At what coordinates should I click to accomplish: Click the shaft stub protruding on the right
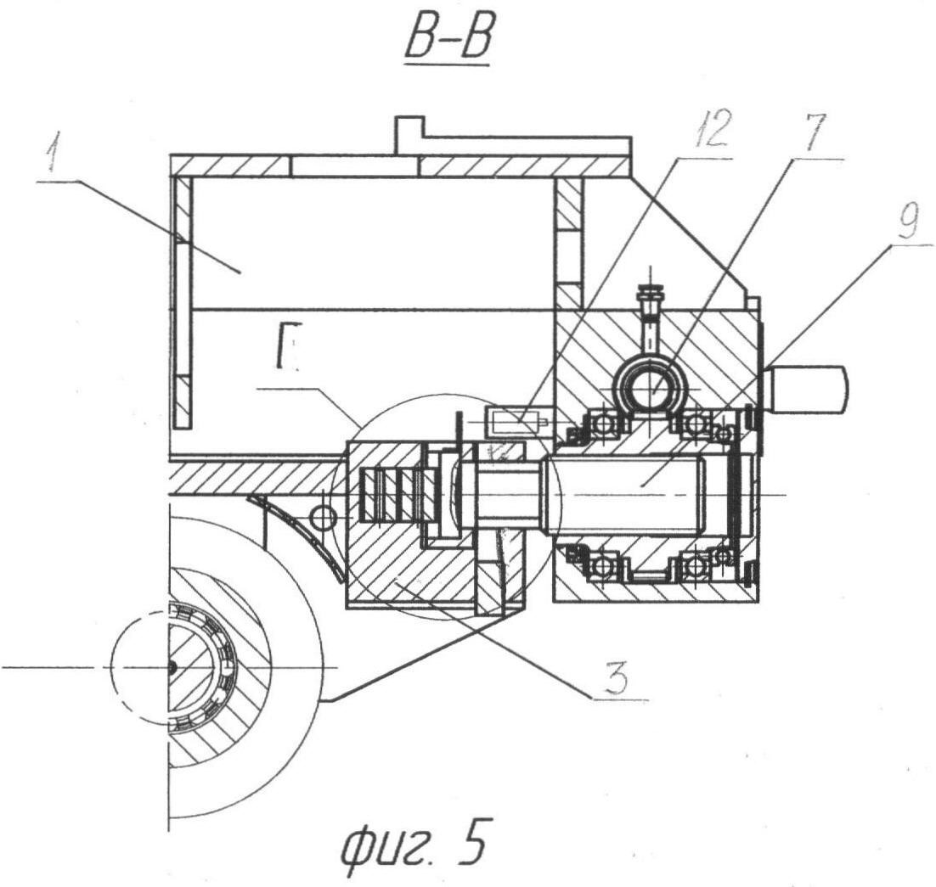807,389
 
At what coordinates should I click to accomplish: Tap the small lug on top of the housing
409,134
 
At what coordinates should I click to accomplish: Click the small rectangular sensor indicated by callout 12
512,419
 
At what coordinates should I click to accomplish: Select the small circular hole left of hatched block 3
323,516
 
